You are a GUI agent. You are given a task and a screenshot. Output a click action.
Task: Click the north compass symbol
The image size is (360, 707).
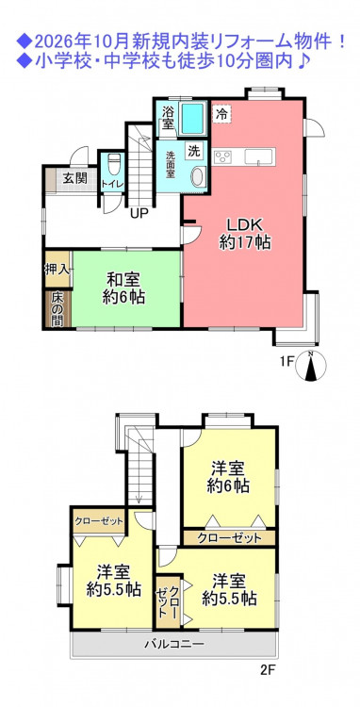pyautogui.click(x=310, y=365)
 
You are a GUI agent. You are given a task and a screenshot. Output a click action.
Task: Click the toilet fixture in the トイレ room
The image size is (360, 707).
pyautogui.click(x=113, y=162)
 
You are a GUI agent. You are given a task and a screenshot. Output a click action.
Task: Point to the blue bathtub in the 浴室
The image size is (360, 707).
pyautogui.click(x=192, y=117)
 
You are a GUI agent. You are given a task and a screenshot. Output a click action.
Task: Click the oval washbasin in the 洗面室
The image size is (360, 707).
pyautogui.click(x=197, y=177)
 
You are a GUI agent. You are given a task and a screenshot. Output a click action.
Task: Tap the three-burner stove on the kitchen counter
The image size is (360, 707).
pyautogui.click(x=222, y=157)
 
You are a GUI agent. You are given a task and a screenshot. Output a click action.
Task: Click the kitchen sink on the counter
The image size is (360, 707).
pyautogui.click(x=258, y=156)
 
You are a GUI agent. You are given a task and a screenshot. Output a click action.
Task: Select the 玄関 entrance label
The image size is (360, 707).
pyautogui.click(x=74, y=177)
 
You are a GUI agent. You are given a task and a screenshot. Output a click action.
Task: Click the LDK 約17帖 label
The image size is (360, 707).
pyautogui.click(x=245, y=233)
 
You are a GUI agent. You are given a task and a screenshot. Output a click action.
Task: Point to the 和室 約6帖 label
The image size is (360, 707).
pyautogui.click(x=123, y=288)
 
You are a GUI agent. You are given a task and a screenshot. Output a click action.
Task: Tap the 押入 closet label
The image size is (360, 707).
pyautogui.click(x=57, y=270)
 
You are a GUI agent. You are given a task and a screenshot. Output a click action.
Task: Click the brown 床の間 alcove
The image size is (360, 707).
pyautogui.click(x=58, y=309)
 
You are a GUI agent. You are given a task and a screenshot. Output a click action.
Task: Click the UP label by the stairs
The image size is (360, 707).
pyautogui.click(x=139, y=213)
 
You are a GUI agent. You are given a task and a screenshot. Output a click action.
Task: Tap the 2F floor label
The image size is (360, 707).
pyautogui.click(x=268, y=669)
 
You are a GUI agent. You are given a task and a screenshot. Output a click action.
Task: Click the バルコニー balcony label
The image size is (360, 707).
pyautogui.click(x=174, y=644)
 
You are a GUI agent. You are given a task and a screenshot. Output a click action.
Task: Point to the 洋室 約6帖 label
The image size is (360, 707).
pyautogui.click(x=229, y=477)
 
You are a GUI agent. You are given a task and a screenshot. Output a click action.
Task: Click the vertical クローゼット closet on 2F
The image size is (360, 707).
pyautogui.click(x=168, y=602)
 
